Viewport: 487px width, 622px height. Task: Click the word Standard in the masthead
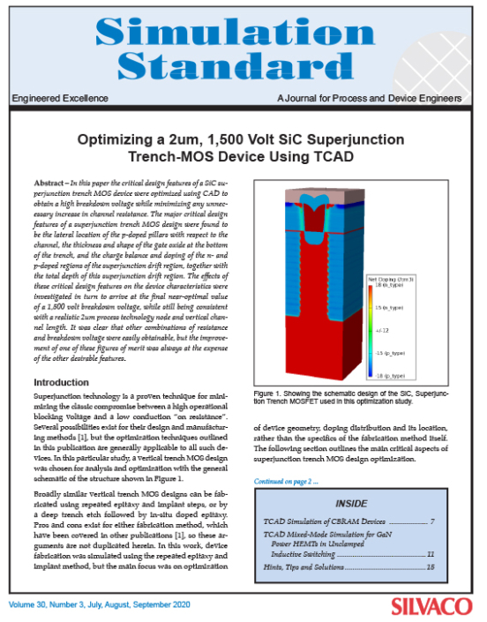pos(242,64)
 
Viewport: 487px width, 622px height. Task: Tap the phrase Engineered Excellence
pos(49,96)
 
